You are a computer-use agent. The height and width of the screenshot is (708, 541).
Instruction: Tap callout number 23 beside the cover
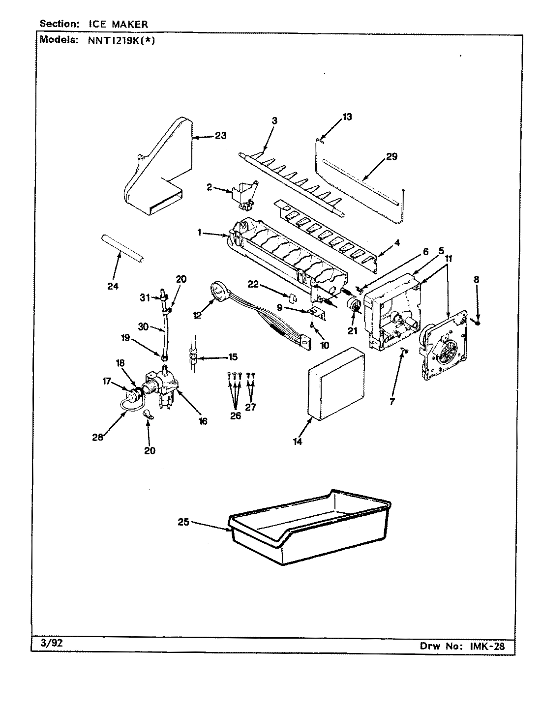click(220, 136)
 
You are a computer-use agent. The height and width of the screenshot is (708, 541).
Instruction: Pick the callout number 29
click(391, 157)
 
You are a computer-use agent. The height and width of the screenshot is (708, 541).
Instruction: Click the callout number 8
click(476, 280)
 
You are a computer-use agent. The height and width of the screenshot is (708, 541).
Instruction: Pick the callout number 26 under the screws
click(236, 415)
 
